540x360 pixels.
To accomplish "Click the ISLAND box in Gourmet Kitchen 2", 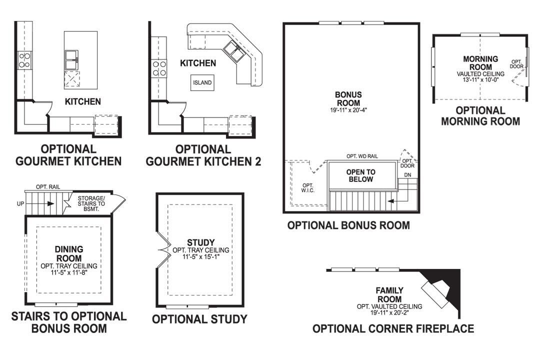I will (202, 83).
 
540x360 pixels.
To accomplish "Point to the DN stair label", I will (407, 174).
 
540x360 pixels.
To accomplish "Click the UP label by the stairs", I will (20, 204).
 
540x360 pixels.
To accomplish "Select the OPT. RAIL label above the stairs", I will (48, 186).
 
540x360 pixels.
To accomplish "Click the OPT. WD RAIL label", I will (362, 156).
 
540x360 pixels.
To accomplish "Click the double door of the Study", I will (162, 248).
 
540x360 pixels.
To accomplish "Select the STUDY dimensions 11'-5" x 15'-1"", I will (200, 257).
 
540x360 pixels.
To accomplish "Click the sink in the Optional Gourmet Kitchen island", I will (73, 58).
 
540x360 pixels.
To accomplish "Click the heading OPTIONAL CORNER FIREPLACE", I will (393, 328).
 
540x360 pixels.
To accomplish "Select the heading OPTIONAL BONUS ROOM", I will (348, 225).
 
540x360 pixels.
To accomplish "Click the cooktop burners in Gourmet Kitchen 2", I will (159, 68).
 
